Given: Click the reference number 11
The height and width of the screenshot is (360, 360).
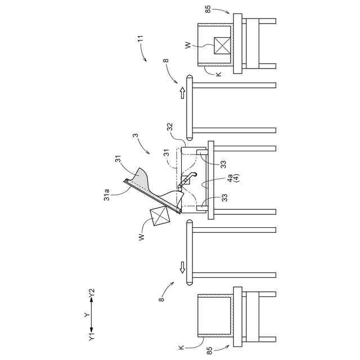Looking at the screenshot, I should pos(141,40).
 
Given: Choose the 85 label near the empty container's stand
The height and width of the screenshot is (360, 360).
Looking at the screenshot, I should pos(209,350).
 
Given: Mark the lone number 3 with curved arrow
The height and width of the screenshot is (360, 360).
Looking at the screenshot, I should pos(135,136).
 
